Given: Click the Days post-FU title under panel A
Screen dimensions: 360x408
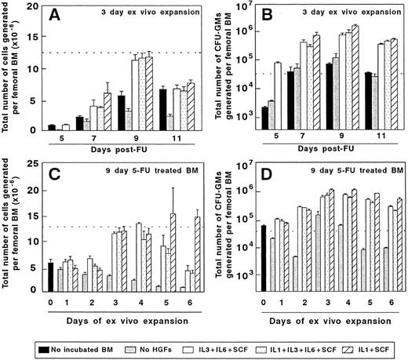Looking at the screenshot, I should click(118, 153).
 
